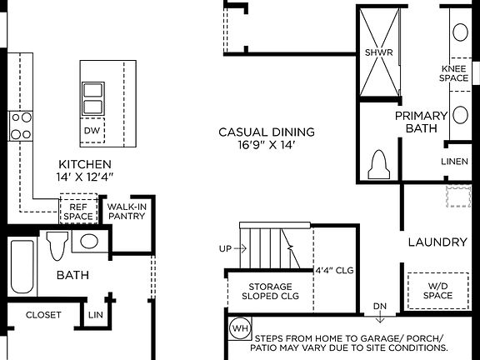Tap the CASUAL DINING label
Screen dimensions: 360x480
click(x=266, y=132)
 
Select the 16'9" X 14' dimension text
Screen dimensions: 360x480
click(x=266, y=145)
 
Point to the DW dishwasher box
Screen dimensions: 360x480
click(x=92, y=131)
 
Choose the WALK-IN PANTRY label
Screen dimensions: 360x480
click(x=127, y=210)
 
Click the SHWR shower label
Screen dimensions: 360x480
click(x=372, y=52)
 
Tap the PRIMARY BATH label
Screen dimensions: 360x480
click(x=421, y=122)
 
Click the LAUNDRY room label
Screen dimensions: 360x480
click(x=437, y=242)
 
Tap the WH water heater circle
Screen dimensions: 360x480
click(x=239, y=327)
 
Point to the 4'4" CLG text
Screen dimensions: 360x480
click(x=335, y=270)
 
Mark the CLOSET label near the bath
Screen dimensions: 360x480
click(x=43, y=315)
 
